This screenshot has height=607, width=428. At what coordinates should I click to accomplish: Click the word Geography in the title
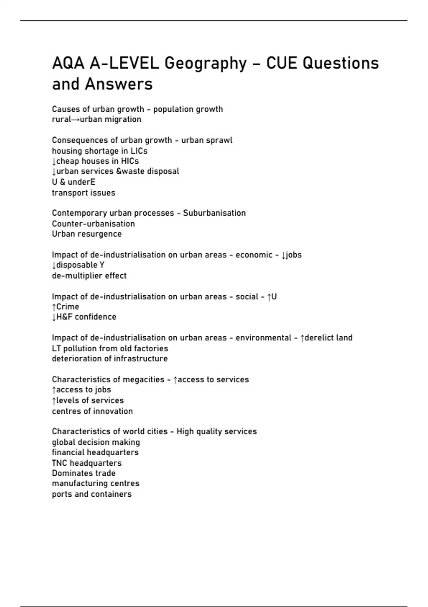click(205, 64)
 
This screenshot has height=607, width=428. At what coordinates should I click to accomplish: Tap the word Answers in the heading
click(119, 85)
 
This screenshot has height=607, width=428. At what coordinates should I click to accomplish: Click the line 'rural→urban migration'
click(97, 119)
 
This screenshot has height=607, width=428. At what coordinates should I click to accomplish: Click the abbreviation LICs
click(139, 151)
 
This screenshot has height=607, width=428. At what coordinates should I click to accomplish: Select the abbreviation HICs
click(130, 161)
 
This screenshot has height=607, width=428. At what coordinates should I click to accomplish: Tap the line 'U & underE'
click(73, 182)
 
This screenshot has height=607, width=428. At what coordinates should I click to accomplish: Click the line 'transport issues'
click(83, 193)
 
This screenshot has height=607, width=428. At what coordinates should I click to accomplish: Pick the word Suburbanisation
click(214, 213)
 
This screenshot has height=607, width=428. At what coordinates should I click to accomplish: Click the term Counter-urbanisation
click(93, 224)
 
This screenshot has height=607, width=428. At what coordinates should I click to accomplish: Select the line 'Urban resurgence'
click(87, 234)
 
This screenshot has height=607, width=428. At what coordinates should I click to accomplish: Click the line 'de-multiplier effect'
click(89, 276)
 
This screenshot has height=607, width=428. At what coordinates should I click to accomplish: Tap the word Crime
click(67, 307)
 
